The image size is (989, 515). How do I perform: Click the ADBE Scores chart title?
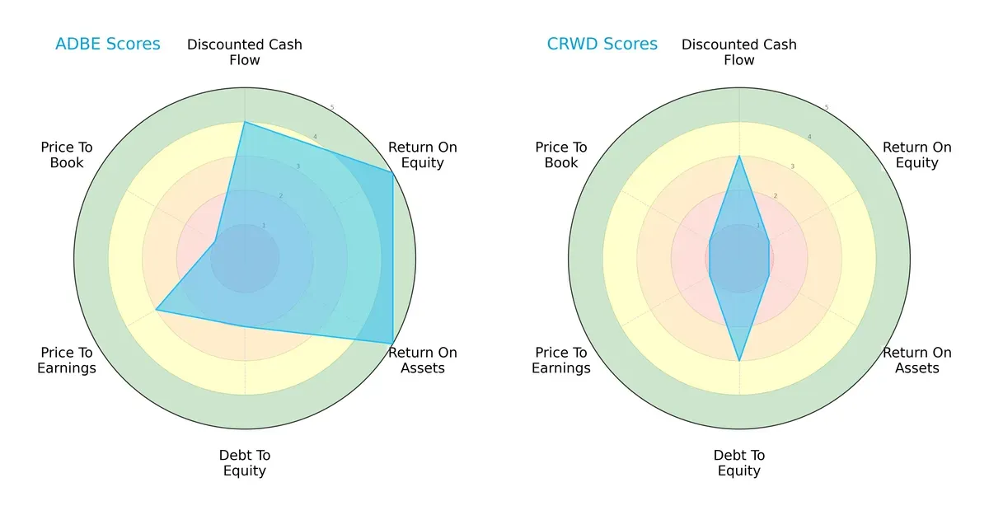click(107, 44)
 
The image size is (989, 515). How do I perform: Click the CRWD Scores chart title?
click(602, 44)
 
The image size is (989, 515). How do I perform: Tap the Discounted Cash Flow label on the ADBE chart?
click(245, 52)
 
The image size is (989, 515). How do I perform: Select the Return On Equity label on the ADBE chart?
click(422, 155)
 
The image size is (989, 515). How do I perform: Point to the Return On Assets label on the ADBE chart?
click(422, 360)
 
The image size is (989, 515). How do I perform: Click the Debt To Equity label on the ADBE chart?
click(245, 463)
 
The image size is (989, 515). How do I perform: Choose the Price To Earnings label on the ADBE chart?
click(67, 360)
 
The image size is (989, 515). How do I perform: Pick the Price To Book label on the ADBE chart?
click(67, 155)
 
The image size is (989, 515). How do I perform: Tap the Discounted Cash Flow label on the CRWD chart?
click(739, 52)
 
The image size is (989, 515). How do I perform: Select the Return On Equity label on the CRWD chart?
click(916, 155)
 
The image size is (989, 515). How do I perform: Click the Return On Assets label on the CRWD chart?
click(916, 360)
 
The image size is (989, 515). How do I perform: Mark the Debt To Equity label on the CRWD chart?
click(739, 463)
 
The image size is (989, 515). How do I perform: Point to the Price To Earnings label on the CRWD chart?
click(561, 360)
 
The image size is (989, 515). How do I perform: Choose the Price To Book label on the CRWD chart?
click(561, 155)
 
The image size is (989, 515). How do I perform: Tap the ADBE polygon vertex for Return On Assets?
click(392, 344)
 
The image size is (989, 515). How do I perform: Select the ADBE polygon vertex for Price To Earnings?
click(157, 310)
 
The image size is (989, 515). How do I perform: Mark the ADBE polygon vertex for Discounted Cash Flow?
click(245, 122)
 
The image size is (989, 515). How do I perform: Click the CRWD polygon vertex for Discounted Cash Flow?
click(739, 156)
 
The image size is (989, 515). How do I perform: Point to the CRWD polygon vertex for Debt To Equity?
click(739, 361)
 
